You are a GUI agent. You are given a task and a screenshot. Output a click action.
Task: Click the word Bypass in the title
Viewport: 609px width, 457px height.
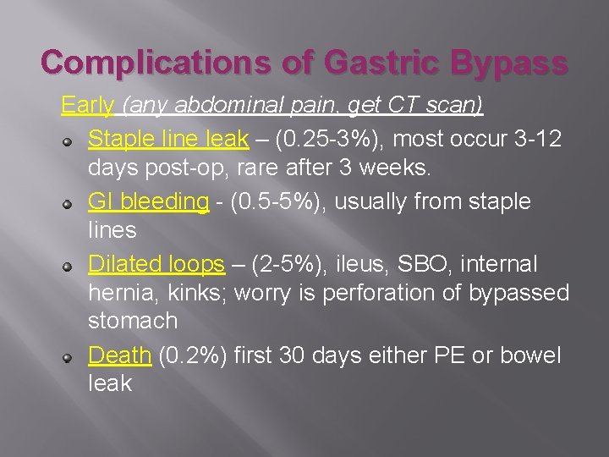509,63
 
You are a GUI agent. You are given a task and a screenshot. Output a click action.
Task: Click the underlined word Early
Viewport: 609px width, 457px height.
88,106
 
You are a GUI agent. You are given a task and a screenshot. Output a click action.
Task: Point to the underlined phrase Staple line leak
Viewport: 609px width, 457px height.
168,138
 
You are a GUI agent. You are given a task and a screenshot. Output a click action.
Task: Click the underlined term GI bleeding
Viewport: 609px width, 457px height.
148,201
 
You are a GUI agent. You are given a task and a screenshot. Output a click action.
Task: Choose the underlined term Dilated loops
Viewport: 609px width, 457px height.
156,264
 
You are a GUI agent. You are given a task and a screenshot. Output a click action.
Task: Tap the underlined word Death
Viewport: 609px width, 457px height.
119,355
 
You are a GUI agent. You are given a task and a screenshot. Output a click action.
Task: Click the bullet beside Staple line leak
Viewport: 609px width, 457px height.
75,140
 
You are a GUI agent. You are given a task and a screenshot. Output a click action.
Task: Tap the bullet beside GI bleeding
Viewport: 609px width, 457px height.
75,203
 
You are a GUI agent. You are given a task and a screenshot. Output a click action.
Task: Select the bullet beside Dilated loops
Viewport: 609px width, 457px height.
75,266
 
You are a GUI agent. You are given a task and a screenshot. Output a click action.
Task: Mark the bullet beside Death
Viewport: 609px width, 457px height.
75,356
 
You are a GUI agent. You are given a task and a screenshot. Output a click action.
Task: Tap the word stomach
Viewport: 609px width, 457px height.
133,322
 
